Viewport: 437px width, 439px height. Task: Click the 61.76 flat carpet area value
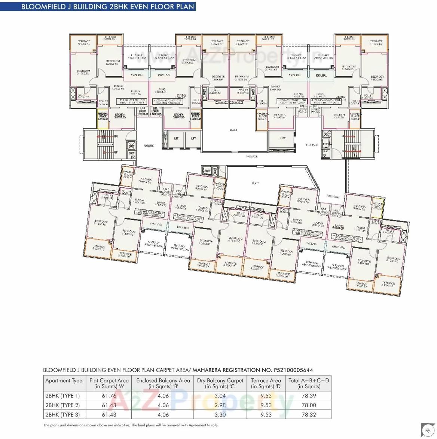[109, 396]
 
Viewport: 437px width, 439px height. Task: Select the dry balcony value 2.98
[220, 405]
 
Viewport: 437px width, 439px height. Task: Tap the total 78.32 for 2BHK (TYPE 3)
[309, 414]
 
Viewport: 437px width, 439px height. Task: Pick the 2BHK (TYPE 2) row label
[62, 405]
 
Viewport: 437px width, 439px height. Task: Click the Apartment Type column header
[64, 381]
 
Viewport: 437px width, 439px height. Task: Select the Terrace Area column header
[266, 383]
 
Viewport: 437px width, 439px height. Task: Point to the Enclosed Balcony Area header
[163, 383]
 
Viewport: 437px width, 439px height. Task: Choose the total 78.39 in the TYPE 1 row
[309, 396]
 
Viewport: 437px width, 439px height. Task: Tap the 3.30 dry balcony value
[220, 414]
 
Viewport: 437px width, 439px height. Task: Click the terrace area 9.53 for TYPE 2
[266, 405]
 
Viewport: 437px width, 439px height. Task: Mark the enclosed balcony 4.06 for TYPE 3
[163, 414]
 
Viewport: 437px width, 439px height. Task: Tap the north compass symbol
[427, 430]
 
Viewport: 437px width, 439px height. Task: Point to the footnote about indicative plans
[131, 425]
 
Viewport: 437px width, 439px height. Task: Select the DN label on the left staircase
[116, 136]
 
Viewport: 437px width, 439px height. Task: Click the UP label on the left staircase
[116, 153]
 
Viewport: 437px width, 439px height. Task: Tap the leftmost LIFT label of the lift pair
[177, 139]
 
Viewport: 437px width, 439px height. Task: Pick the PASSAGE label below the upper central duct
[251, 157]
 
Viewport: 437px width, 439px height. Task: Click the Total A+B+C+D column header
[309, 383]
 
